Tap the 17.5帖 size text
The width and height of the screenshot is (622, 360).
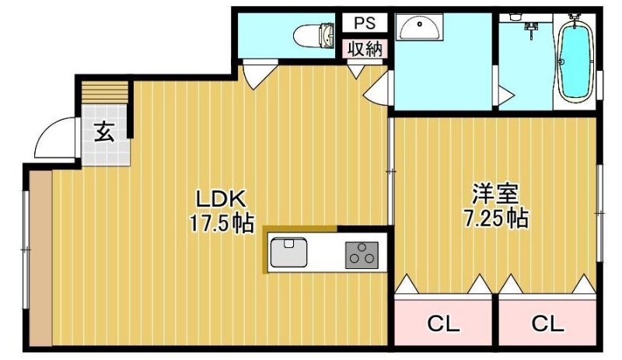click(222, 222)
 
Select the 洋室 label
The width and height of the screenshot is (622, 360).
click(496, 194)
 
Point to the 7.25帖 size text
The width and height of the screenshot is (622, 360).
click(496, 218)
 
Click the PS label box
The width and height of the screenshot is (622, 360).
click(365, 23)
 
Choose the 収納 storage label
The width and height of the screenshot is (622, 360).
click(365, 49)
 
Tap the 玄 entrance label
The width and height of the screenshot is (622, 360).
click(104, 131)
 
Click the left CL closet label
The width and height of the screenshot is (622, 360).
click(443, 324)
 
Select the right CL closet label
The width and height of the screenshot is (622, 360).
click(547, 324)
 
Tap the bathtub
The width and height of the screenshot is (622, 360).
click(575, 60)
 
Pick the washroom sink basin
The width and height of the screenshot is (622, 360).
click(420, 27)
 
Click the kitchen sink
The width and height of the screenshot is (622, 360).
click(288, 253)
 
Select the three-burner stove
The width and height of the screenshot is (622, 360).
click(362, 255)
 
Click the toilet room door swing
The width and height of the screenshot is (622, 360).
click(259, 75)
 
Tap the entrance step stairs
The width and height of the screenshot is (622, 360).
click(105, 93)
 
